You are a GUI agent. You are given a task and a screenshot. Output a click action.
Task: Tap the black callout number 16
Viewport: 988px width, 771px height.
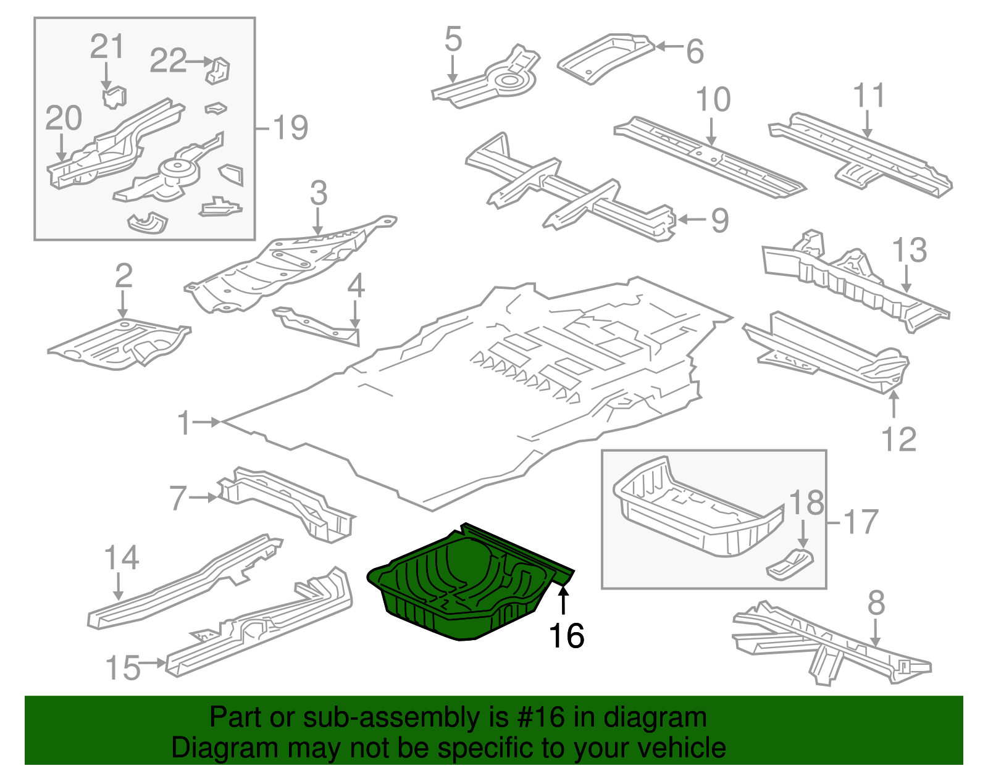click(566, 636)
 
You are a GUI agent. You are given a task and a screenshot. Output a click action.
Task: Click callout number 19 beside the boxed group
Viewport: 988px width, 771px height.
click(290, 128)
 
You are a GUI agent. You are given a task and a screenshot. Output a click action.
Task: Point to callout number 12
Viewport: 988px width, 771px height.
click(898, 440)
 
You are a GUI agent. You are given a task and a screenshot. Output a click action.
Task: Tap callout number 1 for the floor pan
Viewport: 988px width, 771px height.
click(184, 423)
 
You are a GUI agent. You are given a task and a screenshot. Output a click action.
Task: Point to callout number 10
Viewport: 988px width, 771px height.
click(713, 99)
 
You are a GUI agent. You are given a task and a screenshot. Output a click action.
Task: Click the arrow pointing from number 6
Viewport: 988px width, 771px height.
click(669, 46)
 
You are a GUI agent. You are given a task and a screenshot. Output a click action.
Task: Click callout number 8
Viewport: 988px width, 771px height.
click(876, 602)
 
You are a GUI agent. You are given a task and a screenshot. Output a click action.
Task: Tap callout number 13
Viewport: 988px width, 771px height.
click(909, 250)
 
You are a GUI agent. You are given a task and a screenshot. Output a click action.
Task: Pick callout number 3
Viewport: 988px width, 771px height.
click(318, 193)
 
